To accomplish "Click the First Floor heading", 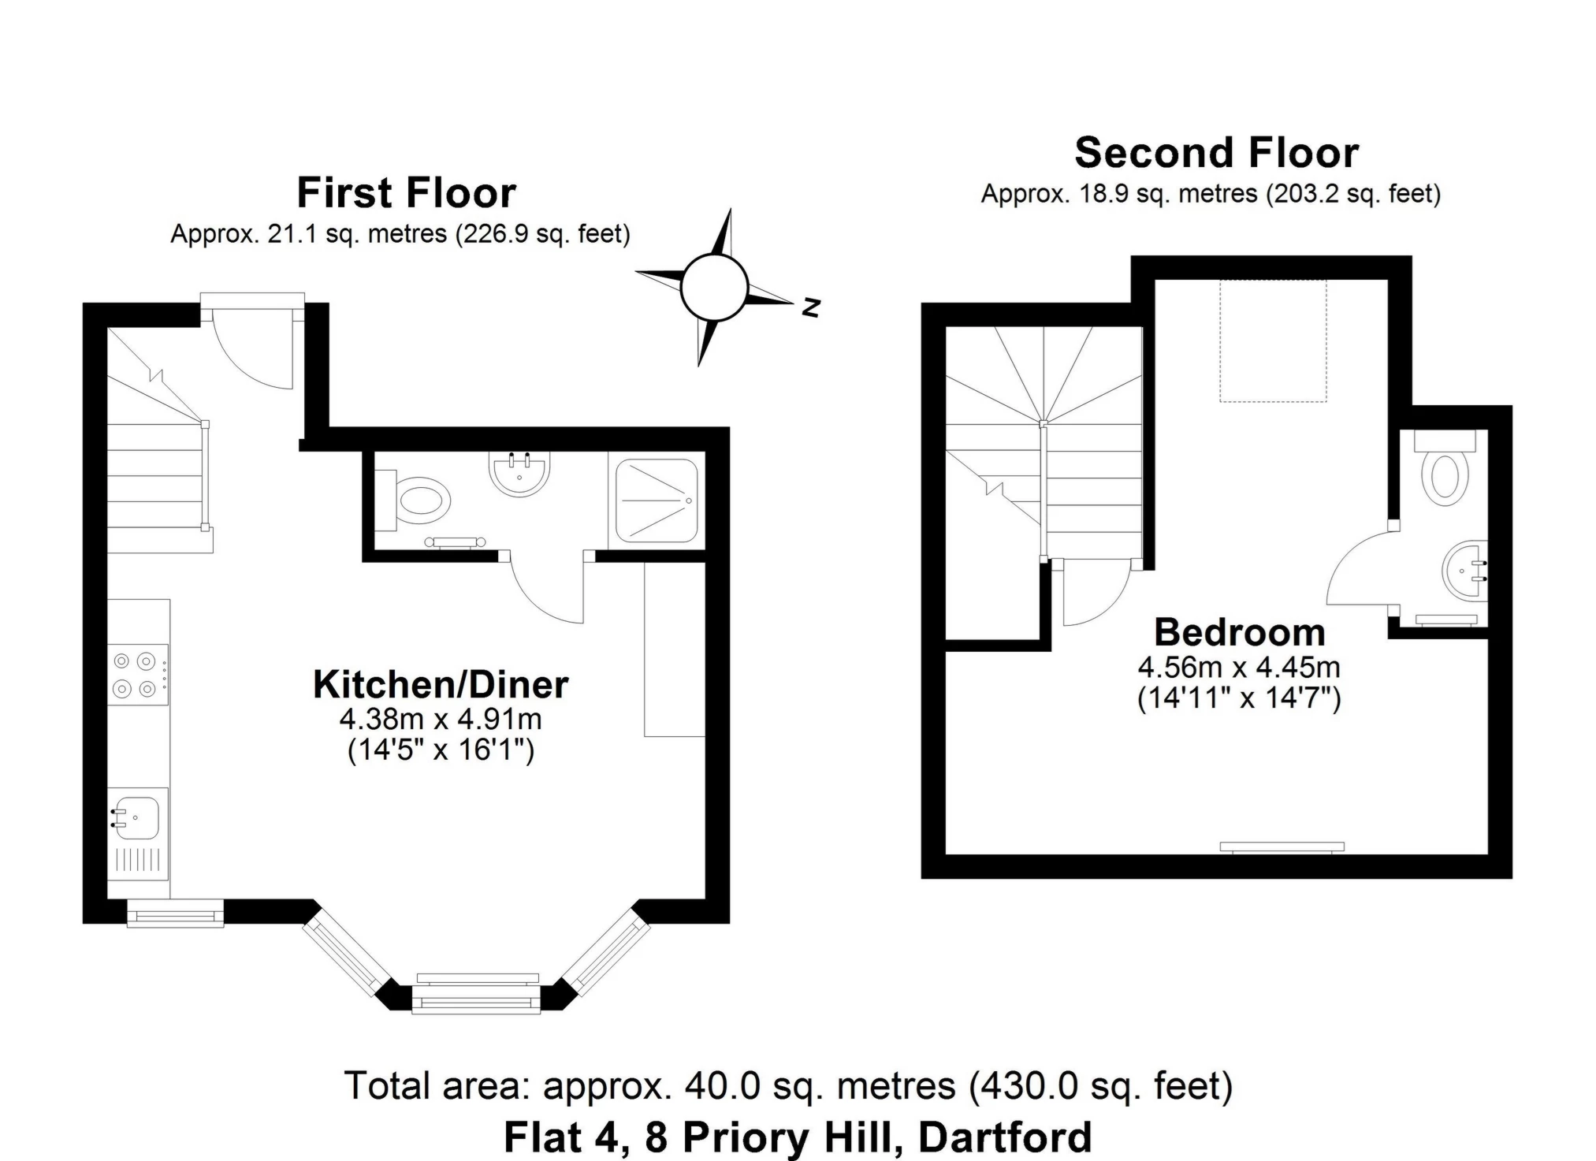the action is pos(406,192).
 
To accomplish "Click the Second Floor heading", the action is pos(1216,152).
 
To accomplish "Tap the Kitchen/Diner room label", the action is pos(441,684).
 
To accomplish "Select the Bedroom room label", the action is pos(1240,632).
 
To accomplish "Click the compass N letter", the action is pos(811,307).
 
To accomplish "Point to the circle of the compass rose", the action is pos(714,288).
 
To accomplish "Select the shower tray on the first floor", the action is pos(657,500).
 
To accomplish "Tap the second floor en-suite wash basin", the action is pos(1465,571).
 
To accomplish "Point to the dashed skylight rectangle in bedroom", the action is pos(1273,340).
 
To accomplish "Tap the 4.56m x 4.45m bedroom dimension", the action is pos(1239,668).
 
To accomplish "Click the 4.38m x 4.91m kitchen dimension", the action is pos(441,719).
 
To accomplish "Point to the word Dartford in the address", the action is pos(1006,1137).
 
